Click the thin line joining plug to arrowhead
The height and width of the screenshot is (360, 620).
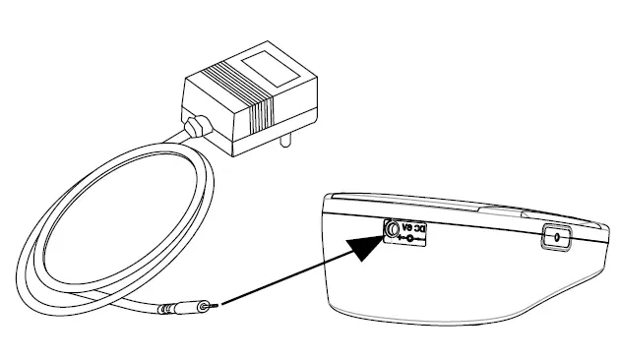coord(285,282)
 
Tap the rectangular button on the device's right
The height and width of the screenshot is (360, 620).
coord(558,237)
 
